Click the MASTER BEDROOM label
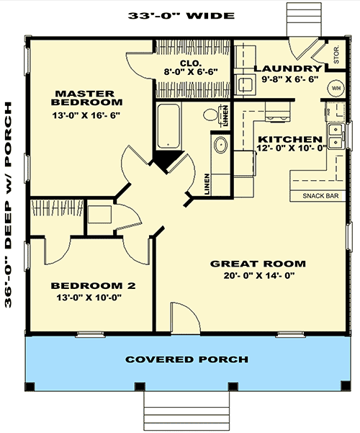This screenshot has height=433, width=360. [x=84, y=99]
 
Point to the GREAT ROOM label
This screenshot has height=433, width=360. [x=257, y=263]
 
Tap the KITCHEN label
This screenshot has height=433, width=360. [x=289, y=138]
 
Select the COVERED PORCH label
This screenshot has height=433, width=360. [x=186, y=359]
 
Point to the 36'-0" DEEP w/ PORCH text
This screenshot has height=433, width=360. [x=9, y=205]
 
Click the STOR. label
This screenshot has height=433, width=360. [x=336, y=53]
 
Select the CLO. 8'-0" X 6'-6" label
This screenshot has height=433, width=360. [x=189, y=68]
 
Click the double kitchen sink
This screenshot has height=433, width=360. [x=336, y=131]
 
